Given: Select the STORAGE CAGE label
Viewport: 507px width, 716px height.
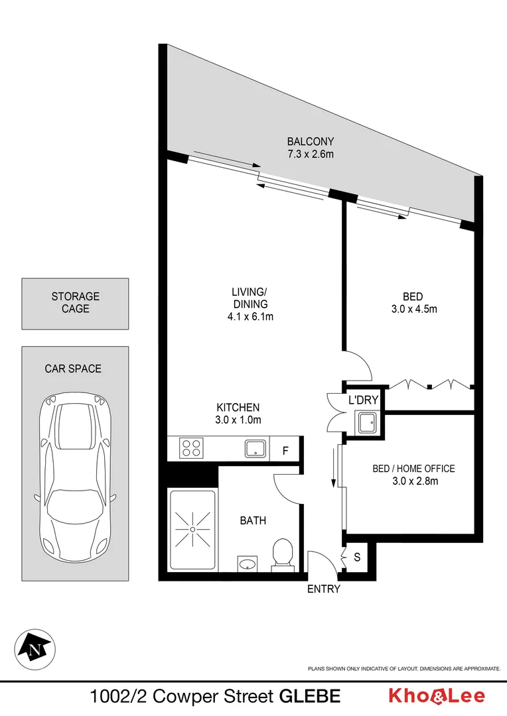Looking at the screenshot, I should [x=75, y=302].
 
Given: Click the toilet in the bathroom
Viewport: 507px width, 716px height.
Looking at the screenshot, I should [x=283, y=554].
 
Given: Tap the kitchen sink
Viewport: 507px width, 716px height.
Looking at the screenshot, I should [x=255, y=449].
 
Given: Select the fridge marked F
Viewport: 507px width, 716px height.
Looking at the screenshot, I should [x=285, y=451].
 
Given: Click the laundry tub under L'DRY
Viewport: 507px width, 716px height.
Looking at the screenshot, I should [x=367, y=422].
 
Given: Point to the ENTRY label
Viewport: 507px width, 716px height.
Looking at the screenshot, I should [x=324, y=589].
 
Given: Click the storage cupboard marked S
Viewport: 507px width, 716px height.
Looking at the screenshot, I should [x=357, y=557].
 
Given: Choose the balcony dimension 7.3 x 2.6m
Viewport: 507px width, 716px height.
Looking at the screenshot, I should [x=310, y=154].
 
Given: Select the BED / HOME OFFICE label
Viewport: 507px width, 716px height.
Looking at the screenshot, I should [x=413, y=469].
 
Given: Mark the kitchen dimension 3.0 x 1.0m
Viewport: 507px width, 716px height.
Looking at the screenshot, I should [x=238, y=420].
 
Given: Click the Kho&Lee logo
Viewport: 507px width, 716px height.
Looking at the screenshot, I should [x=436, y=696].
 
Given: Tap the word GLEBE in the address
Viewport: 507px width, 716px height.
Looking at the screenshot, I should [x=310, y=697].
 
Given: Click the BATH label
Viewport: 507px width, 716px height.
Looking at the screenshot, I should [x=253, y=520].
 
